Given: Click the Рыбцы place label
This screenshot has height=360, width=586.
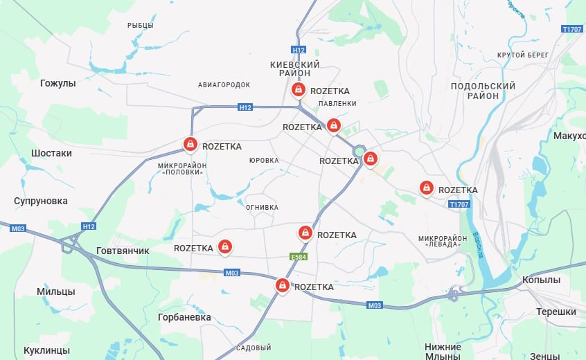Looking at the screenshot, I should [141, 25].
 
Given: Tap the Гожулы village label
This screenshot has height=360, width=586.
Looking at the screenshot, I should [57, 83].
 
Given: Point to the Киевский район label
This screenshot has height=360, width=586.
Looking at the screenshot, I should [294, 69].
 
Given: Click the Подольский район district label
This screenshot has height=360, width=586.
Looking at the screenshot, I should [483, 91].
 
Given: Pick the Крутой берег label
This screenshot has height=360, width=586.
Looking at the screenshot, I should [522, 55].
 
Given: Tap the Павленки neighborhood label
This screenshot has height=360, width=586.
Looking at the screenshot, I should [337, 103].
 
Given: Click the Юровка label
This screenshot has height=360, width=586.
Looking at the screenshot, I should [264, 160].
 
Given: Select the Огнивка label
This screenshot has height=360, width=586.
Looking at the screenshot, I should [262, 206].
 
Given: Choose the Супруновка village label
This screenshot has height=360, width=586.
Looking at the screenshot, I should [41, 201].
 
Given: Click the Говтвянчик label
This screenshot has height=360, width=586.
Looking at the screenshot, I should [122, 251].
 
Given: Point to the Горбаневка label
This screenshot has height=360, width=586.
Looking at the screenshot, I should [184, 316].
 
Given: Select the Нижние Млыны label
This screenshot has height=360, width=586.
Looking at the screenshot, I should [443, 351].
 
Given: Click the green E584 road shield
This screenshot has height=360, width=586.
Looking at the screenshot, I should [298, 257].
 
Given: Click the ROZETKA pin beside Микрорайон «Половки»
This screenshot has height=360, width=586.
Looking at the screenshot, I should [189, 144].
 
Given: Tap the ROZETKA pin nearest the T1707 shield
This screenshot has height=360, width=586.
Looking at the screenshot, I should [426, 188].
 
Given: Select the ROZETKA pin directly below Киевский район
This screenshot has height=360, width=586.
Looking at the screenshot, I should [297, 90].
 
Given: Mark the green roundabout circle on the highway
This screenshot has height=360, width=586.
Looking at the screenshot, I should [359, 152].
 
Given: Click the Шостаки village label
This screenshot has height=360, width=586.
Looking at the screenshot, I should [51, 152].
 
